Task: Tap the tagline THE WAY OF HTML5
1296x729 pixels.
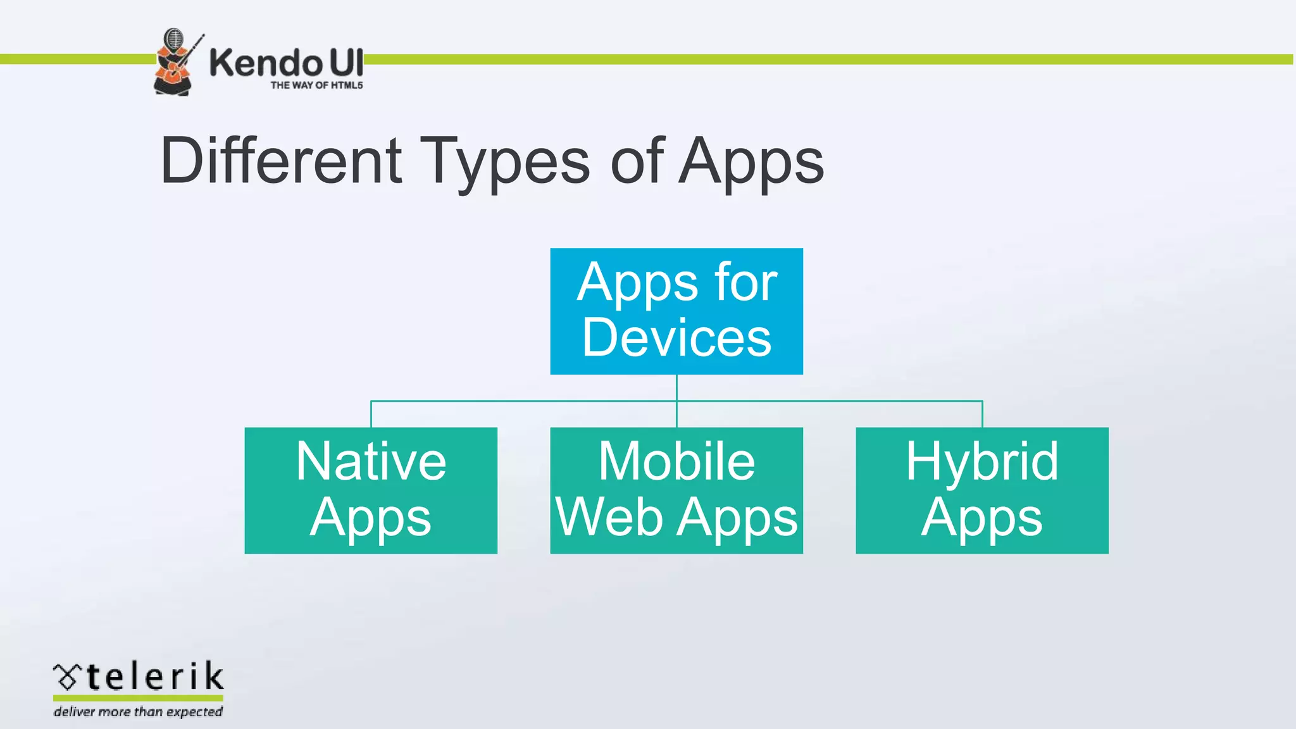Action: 316,85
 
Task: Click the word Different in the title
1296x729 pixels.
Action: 281,161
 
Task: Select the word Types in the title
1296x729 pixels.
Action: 505,162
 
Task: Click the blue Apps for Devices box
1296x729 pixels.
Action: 676,311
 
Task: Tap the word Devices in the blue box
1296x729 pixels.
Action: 676,338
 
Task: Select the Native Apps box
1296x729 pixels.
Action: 371,490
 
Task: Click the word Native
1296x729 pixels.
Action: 371,462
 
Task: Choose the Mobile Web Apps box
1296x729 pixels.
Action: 676,490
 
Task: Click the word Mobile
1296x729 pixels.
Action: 676,462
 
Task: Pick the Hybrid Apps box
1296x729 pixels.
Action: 982,490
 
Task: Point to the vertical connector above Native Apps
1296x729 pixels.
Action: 371,414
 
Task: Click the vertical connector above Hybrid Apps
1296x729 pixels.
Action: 982,414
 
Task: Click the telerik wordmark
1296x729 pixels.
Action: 154,677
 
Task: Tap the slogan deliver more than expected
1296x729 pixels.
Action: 138,711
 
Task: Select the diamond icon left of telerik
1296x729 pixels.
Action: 67,677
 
